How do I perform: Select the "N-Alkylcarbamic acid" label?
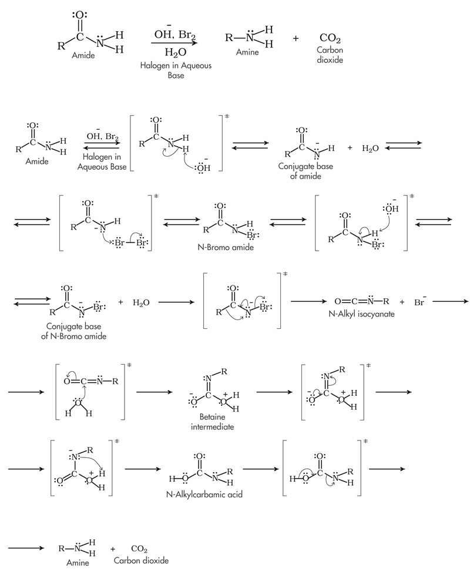coord(196,494)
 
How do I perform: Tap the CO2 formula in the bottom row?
coord(139,549)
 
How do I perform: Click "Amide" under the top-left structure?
coord(83,56)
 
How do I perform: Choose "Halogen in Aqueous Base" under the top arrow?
coord(176,70)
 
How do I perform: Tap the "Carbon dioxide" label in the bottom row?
coord(142,561)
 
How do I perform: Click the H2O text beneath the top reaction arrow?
coord(176,52)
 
